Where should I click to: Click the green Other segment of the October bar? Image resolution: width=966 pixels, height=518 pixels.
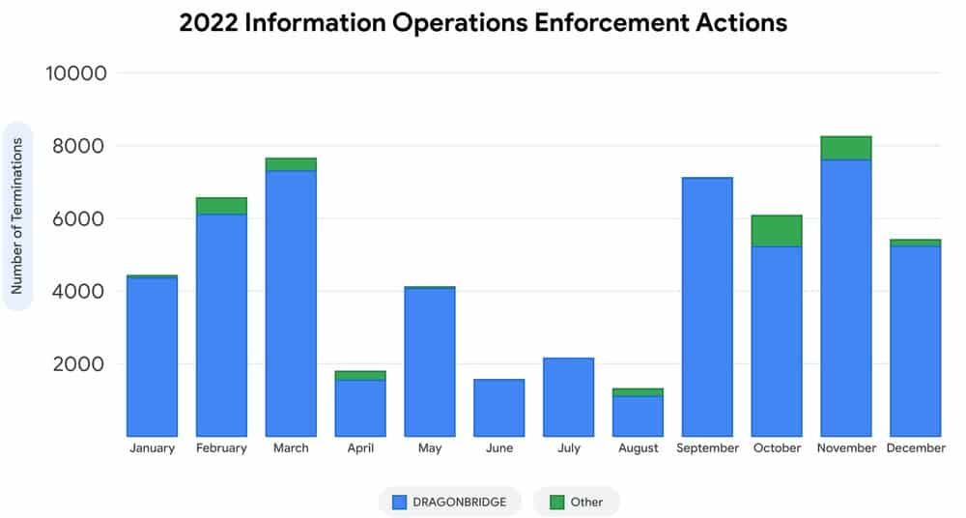(777, 231)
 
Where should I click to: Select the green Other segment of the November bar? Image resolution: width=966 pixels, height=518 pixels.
(846, 148)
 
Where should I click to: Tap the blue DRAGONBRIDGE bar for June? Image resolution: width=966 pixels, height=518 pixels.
(499, 408)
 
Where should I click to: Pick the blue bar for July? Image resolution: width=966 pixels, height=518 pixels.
(569, 397)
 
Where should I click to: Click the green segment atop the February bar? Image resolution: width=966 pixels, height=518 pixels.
(221, 206)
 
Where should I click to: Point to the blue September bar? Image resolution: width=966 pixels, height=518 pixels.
(707, 307)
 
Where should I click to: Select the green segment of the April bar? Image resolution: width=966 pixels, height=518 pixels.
(360, 376)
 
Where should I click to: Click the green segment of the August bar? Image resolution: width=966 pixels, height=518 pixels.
(638, 392)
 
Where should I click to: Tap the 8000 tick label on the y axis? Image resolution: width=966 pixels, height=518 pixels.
(79, 146)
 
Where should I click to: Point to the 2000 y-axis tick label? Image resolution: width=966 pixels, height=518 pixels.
(79, 363)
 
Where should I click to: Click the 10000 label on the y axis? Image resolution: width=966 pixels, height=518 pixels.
(75, 73)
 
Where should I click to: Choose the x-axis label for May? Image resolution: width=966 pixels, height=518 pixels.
(430, 448)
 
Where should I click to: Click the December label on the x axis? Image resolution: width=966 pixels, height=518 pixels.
(916, 448)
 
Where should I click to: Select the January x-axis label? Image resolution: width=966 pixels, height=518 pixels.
(153, 448)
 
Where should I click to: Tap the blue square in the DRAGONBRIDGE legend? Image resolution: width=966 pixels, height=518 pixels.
(400, 502)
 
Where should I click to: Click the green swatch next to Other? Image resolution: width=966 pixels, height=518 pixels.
(557, 502)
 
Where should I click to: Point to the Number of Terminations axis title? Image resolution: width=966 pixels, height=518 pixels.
(16, 216)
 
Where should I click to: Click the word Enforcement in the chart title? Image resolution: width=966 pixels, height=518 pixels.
(611, 23)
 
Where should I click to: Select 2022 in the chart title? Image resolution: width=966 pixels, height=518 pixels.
(209, 23)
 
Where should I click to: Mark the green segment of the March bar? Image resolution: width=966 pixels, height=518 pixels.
(291, 164)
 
